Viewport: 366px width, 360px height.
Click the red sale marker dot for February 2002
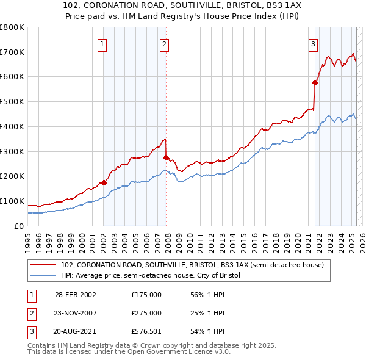coord(104,182)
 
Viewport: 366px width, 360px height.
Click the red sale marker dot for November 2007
coord(166,157)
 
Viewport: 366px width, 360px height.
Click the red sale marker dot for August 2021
coord(315,82)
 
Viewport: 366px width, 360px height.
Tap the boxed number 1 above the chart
coord(102,43)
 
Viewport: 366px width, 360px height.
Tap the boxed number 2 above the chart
coord(165,43)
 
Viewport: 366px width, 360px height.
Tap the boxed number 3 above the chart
coord(313,43)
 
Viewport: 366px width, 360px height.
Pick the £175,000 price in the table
coord(146,294)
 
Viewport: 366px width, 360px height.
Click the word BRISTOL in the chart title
coord(233,6)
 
